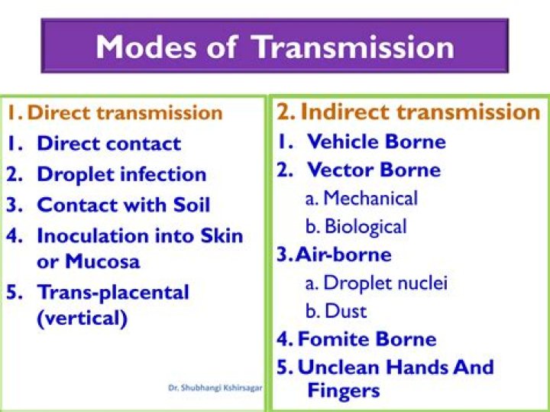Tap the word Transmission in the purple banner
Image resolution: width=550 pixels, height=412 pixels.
click(x=354, y=47)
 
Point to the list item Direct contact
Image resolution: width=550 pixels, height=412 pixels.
click(x=108, y=144)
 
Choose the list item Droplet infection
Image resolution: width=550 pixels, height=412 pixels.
click(x=121, y=174)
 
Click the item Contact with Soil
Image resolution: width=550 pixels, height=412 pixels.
click(x=123, y=205)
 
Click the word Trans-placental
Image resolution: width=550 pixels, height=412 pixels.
click(x=112, y=292)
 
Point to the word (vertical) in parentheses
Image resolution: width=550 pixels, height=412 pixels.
click(x=82, y=318)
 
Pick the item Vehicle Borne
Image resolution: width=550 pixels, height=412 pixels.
click(x=376, y=141)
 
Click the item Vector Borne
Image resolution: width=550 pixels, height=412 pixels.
click(x=374, y=170)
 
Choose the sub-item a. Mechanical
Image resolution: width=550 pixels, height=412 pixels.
click(x=361, y=199)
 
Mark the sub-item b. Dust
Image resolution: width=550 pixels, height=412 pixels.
click(x=336, y=311)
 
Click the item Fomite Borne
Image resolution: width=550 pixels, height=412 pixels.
click(x=367, y=339)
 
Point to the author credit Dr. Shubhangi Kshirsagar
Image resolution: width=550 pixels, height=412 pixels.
click(x=215, y=388)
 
